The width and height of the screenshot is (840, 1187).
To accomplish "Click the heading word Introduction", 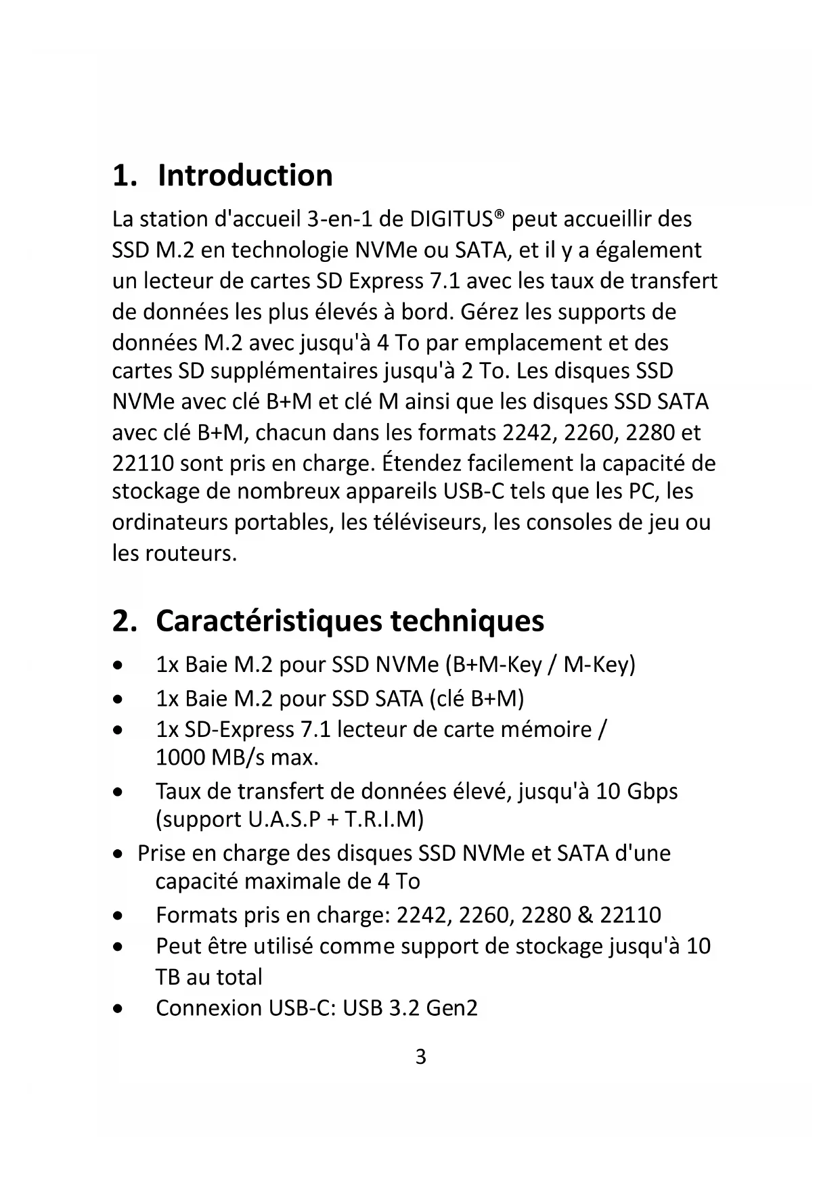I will (245, 175).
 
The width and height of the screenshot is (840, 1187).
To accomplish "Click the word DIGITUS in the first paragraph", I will (451, 220).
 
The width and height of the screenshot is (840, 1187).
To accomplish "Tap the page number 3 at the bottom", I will (420, 1056).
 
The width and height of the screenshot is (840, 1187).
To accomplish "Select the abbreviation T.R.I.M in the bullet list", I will (380, 820).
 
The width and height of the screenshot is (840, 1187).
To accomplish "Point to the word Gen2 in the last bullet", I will (451, 1008).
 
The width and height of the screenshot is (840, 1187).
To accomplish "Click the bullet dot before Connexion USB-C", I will (118, 1009).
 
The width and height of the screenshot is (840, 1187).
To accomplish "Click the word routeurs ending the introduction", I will (192, 554).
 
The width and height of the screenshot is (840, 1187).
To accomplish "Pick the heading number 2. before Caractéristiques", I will (124, 621).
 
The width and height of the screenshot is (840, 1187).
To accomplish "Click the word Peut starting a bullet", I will (178, 946).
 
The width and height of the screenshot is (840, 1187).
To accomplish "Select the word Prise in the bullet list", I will (161, 853).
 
